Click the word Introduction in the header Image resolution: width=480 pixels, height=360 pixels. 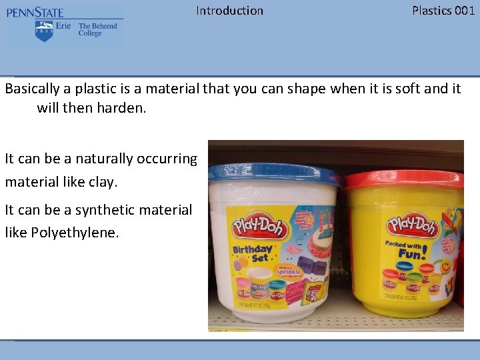pos(229,11)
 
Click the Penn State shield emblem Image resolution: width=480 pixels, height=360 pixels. pos(44,30)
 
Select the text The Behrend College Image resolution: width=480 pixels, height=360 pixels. pos(97,30)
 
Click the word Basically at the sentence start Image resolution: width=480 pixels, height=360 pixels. pos(35,89)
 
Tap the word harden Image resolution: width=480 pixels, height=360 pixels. pos(123,107)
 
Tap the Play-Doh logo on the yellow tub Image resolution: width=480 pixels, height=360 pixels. pos(412,225)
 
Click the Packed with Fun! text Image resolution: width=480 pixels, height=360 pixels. pos(405,249)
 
